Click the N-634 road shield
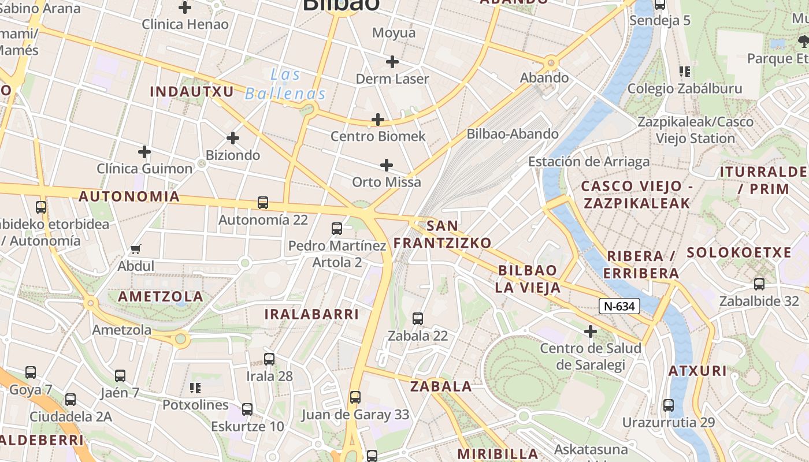619,306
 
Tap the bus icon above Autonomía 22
263,203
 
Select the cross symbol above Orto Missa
387,166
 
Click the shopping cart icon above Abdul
136,249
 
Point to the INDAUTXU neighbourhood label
192,92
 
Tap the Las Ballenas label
285,84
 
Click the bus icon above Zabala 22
418,319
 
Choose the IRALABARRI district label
311,314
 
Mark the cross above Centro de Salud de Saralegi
590,331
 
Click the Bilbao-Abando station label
513,134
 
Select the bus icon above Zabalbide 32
759,284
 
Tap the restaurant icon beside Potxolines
195,388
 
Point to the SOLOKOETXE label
739,252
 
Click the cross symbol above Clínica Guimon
144,152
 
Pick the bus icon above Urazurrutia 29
669,405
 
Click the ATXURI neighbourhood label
697,371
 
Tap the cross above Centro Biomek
378,120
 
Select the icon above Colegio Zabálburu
685,72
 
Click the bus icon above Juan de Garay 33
355,397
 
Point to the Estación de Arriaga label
589,162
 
